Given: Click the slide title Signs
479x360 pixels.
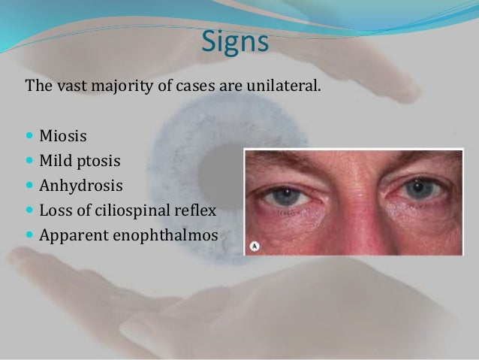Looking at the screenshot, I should (235, 41).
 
